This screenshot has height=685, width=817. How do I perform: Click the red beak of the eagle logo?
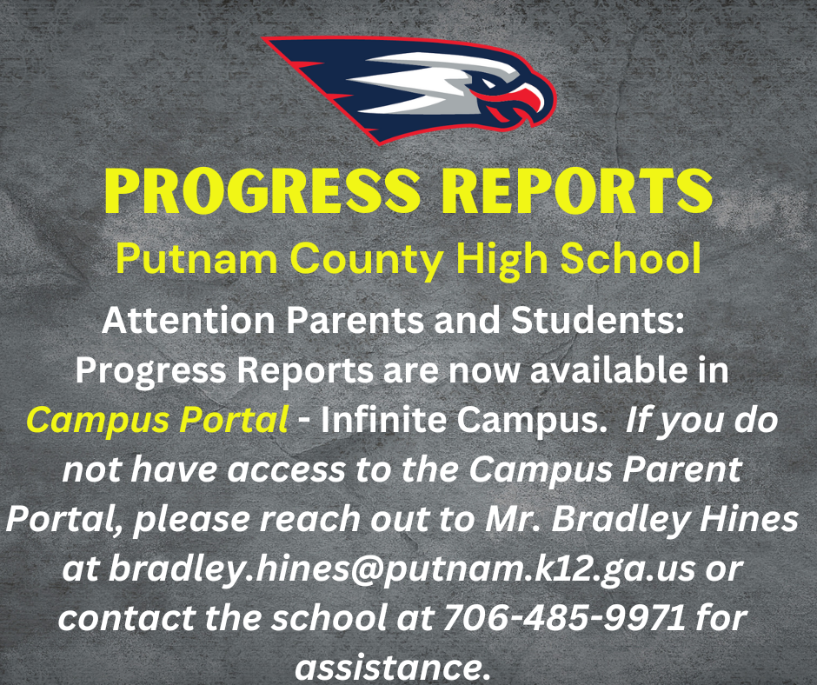(525, 96)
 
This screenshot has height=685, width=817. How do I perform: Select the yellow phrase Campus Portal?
(156, 421)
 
